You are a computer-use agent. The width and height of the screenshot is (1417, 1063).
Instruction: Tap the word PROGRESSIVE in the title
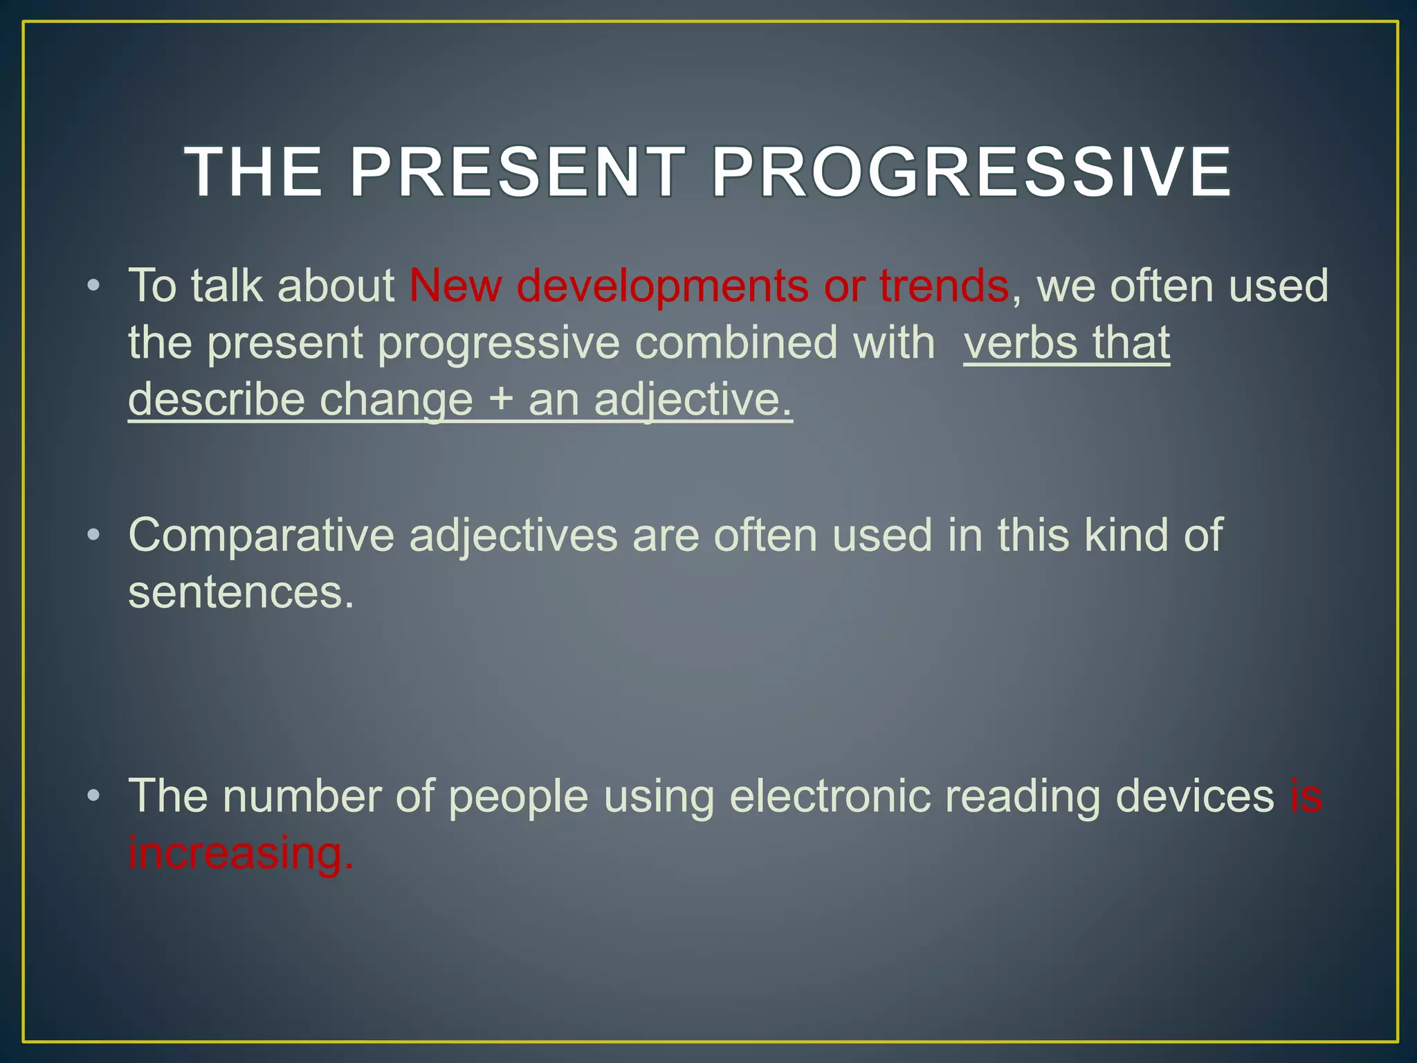(971, 172)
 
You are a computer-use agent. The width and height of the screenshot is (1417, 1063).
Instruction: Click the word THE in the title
(253, 172)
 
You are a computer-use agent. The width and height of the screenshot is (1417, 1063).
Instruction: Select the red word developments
(662, 287)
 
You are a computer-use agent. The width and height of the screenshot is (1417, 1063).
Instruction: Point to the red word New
(455, 285)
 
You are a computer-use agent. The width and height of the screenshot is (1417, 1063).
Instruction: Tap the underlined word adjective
(693, 400)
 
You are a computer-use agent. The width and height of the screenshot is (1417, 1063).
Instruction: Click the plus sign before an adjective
(501, 400)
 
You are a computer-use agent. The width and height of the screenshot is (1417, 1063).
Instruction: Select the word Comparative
(261, 536)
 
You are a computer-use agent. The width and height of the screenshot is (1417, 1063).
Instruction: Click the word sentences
(241, 592)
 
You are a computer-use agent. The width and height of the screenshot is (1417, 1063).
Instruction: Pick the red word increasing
(241, 853)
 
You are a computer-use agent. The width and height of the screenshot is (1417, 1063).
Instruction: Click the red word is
(1306, 796)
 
